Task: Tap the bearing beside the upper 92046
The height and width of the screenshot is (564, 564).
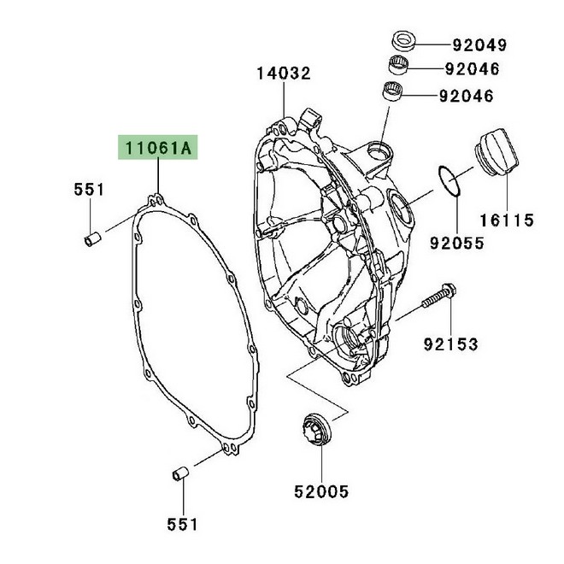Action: coord(399,63)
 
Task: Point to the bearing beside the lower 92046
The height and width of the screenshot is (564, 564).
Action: coord(392,91)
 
